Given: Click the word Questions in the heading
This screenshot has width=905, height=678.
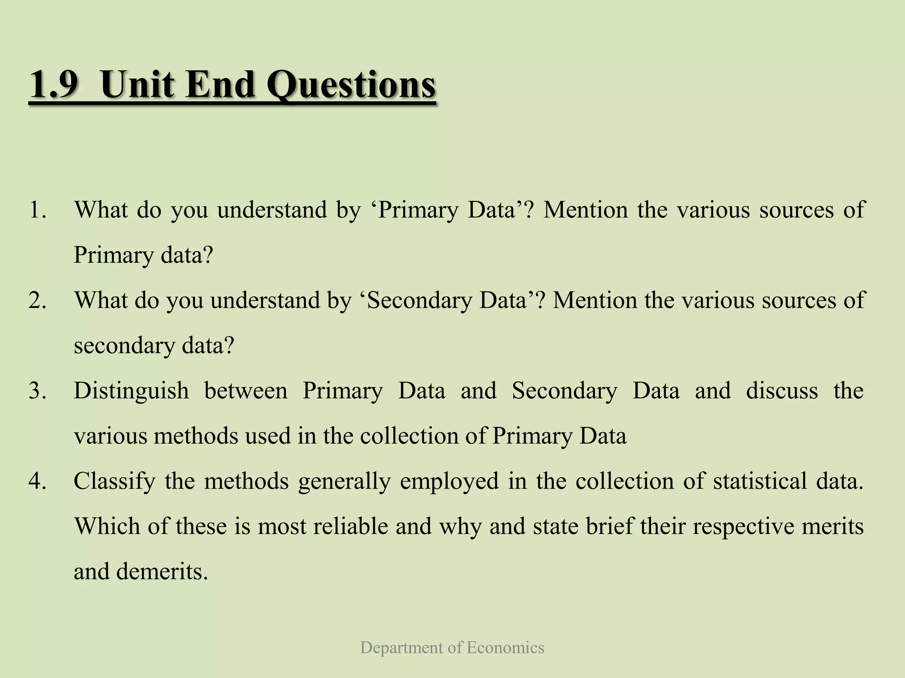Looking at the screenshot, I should (x=351, y=85).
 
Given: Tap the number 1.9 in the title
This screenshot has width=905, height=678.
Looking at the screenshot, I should (x=53, y=85).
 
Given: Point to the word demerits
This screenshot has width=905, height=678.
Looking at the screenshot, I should (x=162, y=572).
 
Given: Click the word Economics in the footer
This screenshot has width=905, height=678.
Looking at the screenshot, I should (x=505, y=648).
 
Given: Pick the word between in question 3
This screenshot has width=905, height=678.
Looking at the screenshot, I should (x=246, y=391).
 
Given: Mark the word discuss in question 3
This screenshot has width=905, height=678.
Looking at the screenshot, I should (x=782, y=391).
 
